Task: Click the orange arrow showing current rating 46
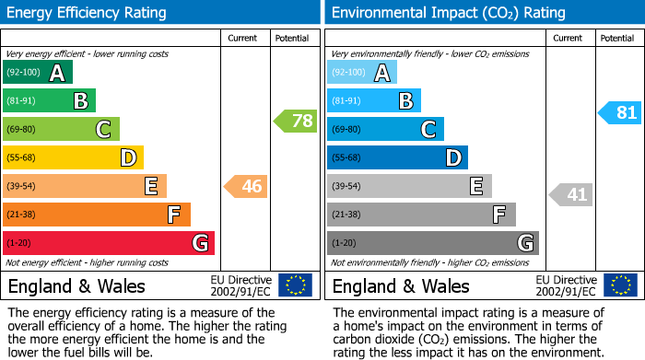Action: [x=245, y=187]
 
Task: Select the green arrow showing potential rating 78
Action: [x=295, y=121]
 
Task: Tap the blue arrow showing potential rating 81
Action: [x=619, y=113]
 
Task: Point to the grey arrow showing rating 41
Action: [x=571, y=194]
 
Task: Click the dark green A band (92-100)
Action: [x=38, y=73]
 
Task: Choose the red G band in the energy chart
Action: [x=109, y=243]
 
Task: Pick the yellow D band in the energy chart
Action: [x=73, y=157]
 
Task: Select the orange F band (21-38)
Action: [x=97, y=215]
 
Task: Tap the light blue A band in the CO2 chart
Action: [x=362, y=73]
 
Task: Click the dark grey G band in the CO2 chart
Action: [x=432, y=243]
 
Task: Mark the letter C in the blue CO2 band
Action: [x=428, y=130]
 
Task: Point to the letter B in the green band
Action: [x=80, y=101]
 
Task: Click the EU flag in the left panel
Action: [x=296, y=285]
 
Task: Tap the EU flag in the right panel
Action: [x=620, y=285]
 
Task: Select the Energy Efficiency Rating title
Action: [x=88, y=13]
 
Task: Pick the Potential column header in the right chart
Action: [x=617, y=38]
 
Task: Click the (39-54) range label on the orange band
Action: [x=22, y=187]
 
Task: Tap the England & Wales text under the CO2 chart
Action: [x=401, y=286]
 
